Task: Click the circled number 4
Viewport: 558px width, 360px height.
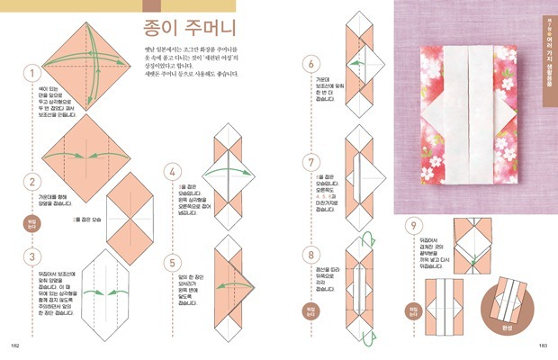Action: pos(169,171)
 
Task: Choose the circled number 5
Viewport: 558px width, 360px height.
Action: pos(169,263)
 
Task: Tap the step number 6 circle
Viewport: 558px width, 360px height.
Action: pos(311,64)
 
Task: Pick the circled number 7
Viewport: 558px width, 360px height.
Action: pos(311,163)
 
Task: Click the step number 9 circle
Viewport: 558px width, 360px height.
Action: pos(413,225)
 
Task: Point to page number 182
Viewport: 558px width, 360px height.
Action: pos(14,344)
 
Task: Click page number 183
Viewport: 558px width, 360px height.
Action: pos(543,344)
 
